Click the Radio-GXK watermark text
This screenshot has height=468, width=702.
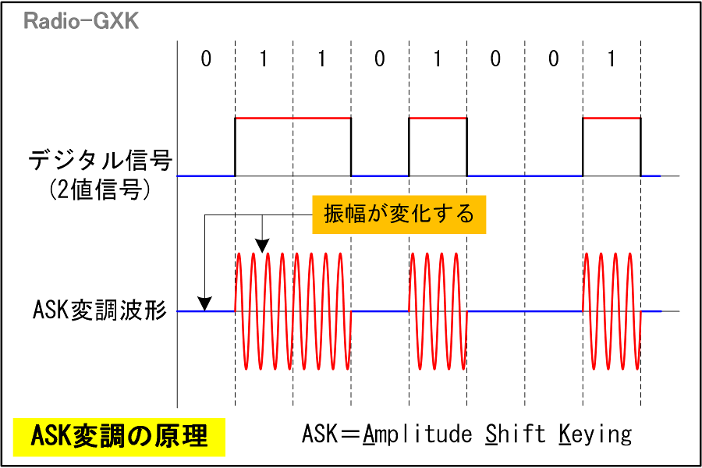[x=81, y=21]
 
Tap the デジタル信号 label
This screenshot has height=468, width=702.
[x=101, y=160]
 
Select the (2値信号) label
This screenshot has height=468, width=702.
[x=99, y=190]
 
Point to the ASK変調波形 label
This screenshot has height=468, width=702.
[x=99, y=310]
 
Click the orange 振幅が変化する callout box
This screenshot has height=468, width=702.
[x=399, y=214]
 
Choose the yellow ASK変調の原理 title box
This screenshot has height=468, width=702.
[x=119, y=437]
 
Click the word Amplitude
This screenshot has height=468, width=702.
[x=417, y=434]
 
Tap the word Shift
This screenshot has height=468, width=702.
[x=515, y=434]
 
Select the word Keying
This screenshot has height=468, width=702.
[x=595, y=434]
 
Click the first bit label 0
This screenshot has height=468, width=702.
[x=206, y=58]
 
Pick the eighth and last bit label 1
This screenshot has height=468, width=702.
[x=612, y=58]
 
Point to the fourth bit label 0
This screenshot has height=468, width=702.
[x=380, y=58]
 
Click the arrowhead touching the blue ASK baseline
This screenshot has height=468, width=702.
[x=204, y=304]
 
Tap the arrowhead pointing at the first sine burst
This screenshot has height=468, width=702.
[x=262, y=246]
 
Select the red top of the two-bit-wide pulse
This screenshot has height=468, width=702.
[x=293, y=119]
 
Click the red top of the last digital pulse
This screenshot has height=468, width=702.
[x=612, y=119]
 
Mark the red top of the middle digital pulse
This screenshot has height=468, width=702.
[x=438, y=119]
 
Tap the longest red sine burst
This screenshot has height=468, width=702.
[x=293, y=311]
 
